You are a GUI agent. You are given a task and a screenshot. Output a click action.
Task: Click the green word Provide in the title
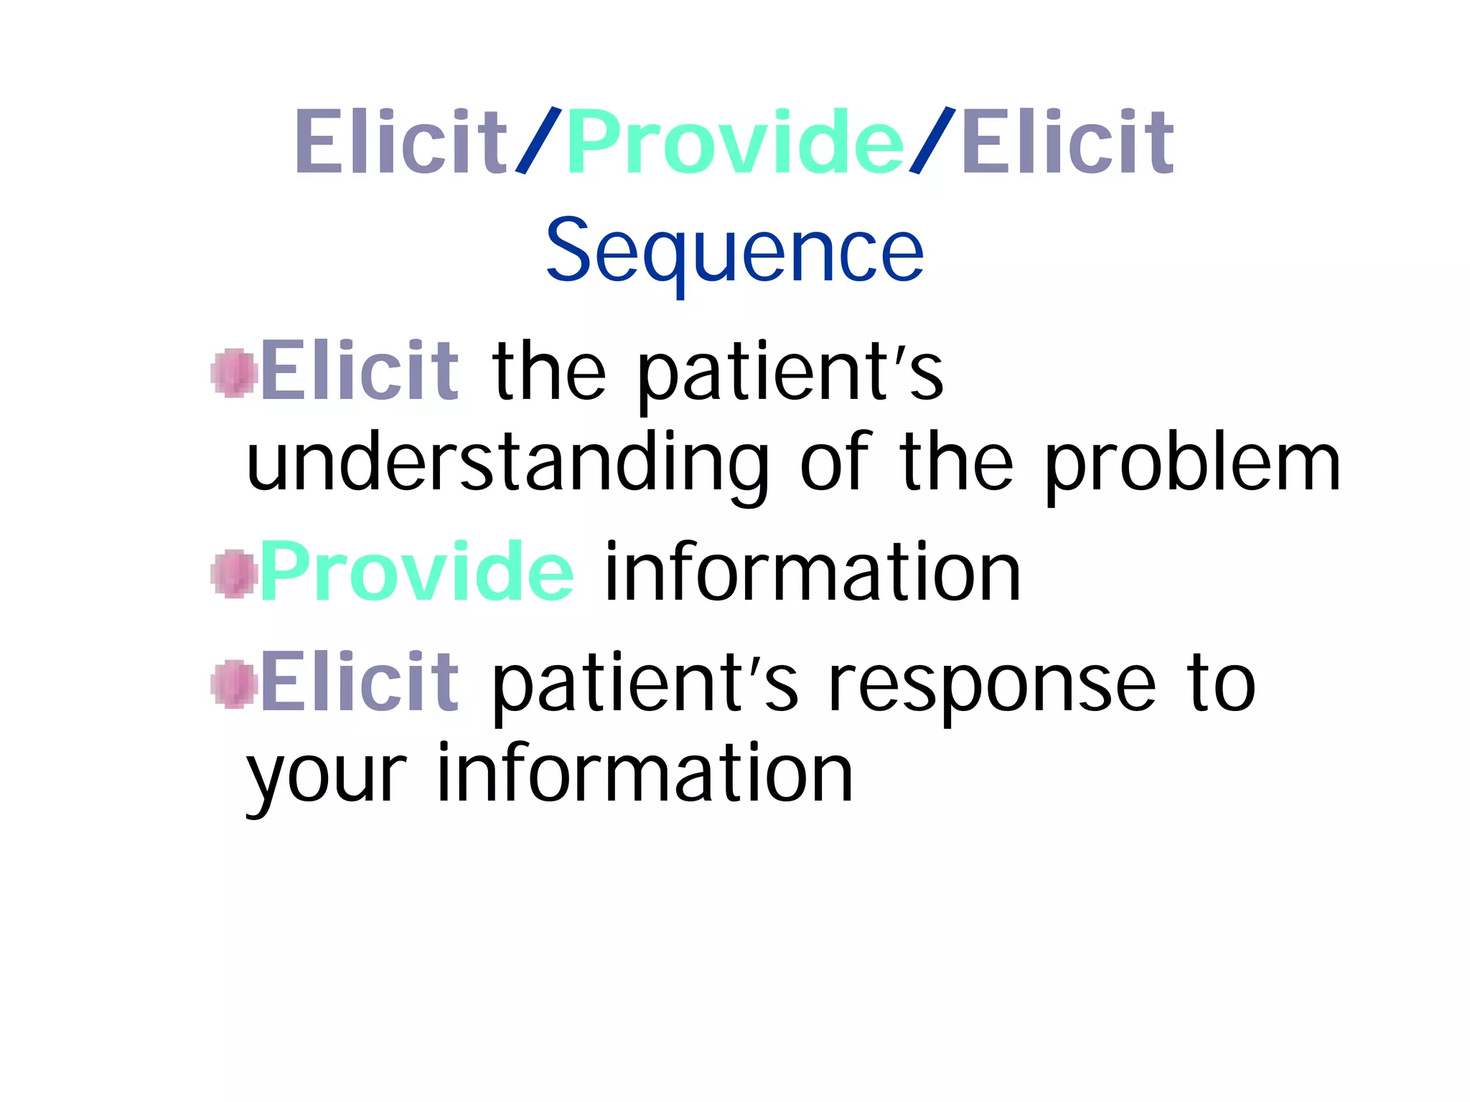click(x=734, y=142)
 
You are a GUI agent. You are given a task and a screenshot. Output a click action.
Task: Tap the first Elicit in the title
click(x=401, y=142)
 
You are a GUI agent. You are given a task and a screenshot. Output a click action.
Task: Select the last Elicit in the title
click(x=1067, y=142)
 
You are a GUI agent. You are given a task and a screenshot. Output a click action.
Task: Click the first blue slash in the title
click(x=537, y=141)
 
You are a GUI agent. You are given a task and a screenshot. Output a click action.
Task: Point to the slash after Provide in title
click(x=932, y=141)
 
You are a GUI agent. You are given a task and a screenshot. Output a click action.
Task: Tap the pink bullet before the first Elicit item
click(x=234, y=373)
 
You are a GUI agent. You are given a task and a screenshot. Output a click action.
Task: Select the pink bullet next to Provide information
click(x=234, y=574)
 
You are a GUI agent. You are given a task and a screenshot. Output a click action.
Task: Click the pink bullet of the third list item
click(x=234, y=684)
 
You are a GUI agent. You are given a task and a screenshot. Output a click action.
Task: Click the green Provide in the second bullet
click(x=416, y=573)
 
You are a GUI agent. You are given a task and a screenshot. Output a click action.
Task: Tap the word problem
click(x=1192, y=465)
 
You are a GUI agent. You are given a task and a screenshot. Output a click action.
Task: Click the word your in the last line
click(x=327, y=776)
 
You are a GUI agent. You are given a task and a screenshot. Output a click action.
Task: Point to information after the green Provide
click(x=812, y=573)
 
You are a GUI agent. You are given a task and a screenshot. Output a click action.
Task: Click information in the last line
click(x=644, y=773)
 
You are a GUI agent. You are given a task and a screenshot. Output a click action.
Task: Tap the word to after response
click(x=1221, y=684)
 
